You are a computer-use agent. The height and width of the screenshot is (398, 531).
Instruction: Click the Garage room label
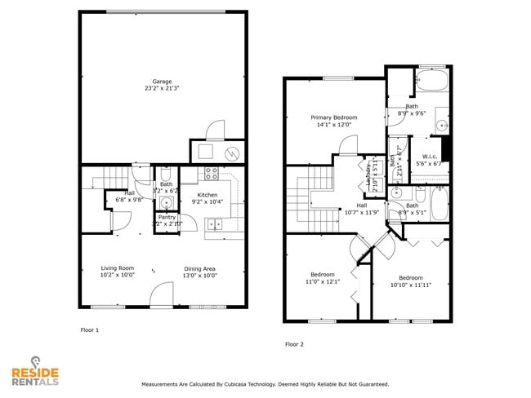(162, 82)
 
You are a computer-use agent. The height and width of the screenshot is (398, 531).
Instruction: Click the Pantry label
(167, 217)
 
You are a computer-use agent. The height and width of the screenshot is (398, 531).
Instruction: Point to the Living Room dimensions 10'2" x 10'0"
(117, 276)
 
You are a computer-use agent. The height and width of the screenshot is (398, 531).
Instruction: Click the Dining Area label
(200, 268)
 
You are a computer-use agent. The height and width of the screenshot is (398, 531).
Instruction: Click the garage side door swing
(214, 130)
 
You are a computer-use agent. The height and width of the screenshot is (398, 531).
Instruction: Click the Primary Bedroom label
(333, 117)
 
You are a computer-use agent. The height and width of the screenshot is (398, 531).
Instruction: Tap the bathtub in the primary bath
(431, 82)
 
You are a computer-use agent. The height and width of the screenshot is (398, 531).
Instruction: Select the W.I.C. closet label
(430, 157)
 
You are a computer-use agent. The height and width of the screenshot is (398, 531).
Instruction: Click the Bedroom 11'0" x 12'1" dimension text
(322, 281)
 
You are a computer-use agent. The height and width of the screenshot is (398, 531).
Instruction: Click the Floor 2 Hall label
(361, 206)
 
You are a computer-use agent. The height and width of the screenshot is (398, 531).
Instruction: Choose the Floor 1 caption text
(89, 330)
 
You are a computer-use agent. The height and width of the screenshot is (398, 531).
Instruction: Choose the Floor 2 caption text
(294, 344)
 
